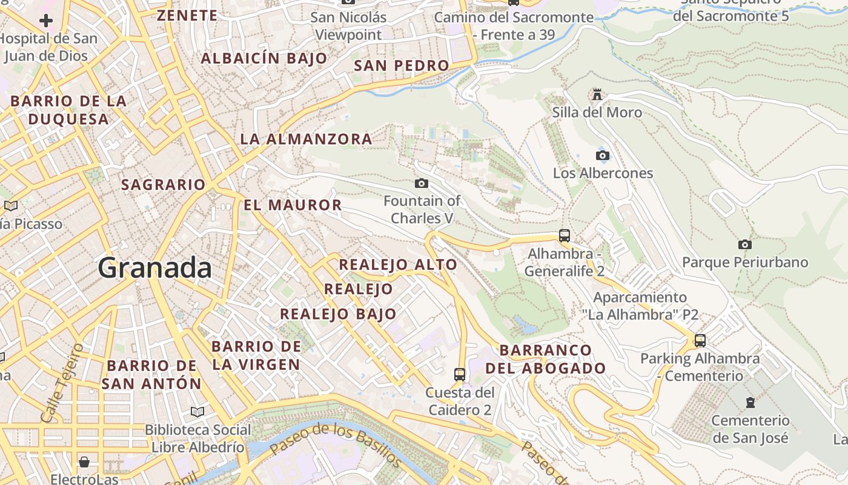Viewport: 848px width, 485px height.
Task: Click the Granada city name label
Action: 155,267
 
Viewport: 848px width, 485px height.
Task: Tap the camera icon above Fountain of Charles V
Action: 422,183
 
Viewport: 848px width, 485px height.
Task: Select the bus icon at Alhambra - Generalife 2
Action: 565,235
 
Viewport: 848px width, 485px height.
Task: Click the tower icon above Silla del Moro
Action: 597,95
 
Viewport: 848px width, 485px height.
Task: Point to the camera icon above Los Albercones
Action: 602,155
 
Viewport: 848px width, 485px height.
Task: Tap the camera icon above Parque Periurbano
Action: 745,244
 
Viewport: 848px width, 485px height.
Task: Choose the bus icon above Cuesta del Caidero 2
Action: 460,374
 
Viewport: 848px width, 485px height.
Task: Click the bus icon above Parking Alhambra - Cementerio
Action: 700,340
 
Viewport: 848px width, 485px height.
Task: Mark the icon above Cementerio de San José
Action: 750,403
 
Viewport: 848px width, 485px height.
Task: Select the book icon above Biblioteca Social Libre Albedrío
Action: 197,412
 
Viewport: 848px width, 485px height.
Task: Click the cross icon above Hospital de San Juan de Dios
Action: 46,21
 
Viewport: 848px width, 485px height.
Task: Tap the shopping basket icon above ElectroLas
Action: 84,463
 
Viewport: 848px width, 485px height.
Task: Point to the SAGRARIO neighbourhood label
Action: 164,184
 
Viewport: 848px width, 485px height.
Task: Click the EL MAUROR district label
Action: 293,205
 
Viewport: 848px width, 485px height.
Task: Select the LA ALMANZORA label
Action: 306,139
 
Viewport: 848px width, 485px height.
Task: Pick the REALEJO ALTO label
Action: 398,264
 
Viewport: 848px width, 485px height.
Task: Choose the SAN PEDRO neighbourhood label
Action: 402,65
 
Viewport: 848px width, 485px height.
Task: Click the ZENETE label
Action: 187,15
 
